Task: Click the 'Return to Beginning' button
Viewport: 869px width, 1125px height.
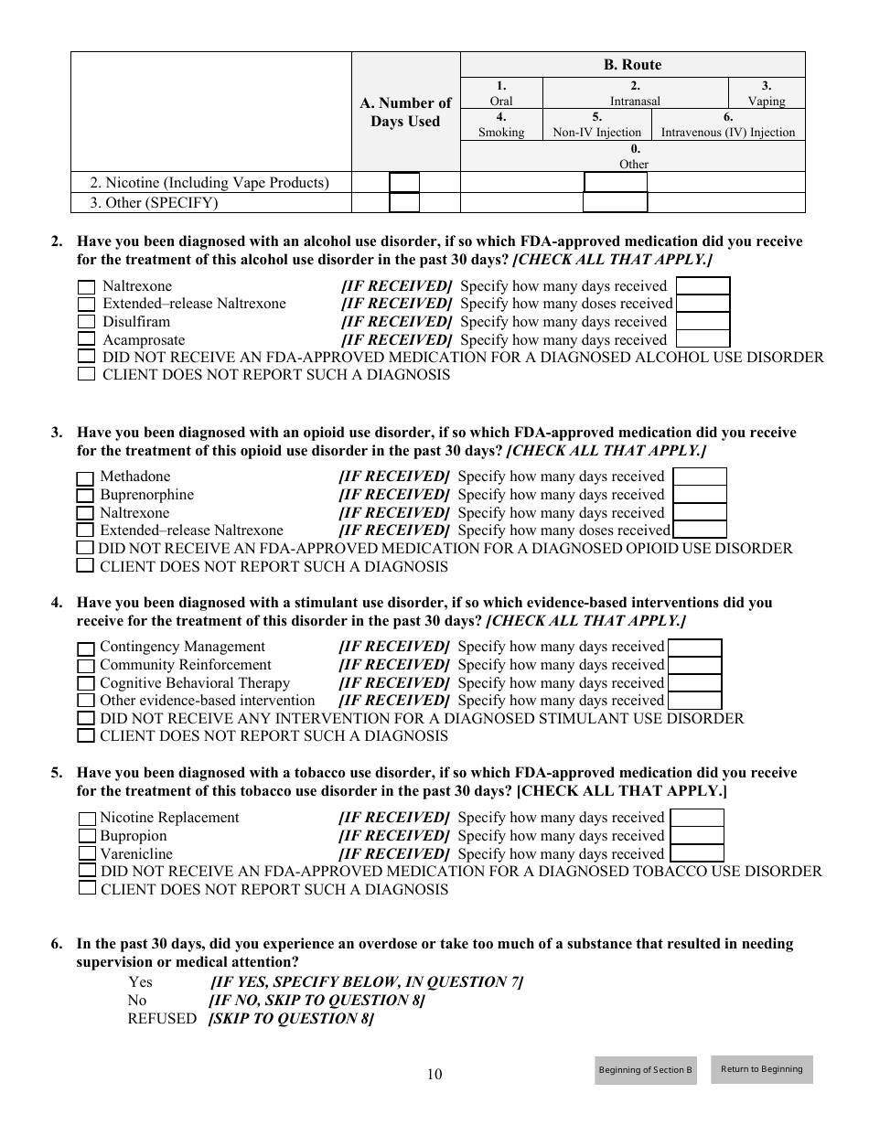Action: [x=761, y=1069]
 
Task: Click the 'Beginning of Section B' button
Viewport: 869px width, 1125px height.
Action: [x=645, y=1070]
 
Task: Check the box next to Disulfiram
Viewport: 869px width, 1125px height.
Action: [x=86, y=322]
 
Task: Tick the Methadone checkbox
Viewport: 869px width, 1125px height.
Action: [x=84, y=478]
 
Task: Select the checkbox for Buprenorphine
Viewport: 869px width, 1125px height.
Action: [x=84, y=496]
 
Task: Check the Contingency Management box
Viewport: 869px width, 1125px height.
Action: [x=85, y=648]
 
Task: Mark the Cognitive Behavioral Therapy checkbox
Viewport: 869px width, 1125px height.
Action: [x=85, y=684]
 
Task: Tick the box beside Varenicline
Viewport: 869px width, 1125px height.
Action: [x=86, y=854]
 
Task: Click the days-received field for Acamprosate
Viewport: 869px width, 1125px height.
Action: [x=703, y=339]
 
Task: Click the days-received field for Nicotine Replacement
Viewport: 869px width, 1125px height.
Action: [x=696, y=818]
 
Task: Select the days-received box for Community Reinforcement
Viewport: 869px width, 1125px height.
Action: [x=694, y=665]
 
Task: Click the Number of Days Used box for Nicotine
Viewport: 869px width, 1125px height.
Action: [x=404, y=183]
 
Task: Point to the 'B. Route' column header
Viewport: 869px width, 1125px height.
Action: [x=632, y=65]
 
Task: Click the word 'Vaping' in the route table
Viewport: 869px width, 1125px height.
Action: [x=766, y=102]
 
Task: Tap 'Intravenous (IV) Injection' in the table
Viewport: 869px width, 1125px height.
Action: [x=728, y=132]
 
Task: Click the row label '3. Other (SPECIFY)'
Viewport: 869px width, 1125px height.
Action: [x=154, y=203]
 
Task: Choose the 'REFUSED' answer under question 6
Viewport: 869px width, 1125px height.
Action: [x=162, y=1018]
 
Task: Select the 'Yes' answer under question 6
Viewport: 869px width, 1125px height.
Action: [x=140, y=981]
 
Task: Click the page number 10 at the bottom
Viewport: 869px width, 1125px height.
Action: [x=434, y=1074]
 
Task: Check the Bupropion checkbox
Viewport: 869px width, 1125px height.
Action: [x=86, y=836]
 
